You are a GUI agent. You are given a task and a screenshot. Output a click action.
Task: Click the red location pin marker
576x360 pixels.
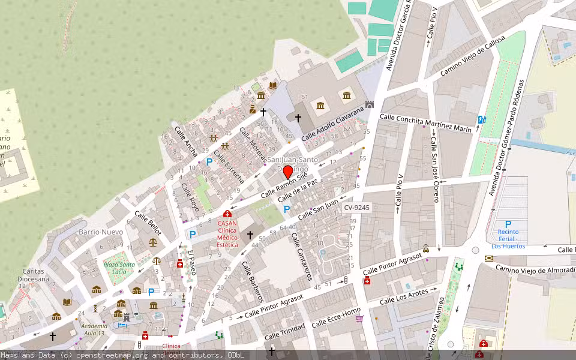287,173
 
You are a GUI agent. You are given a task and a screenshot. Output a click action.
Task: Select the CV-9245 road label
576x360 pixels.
357,208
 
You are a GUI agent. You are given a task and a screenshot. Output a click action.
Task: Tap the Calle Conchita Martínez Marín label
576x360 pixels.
425,122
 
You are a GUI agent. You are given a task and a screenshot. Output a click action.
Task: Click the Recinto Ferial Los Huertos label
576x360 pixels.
508,239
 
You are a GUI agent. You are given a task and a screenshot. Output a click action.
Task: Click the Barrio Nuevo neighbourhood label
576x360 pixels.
100,232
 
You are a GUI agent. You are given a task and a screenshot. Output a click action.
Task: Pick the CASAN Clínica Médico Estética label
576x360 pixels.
227,234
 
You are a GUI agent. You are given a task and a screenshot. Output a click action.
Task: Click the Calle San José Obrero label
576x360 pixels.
434,169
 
